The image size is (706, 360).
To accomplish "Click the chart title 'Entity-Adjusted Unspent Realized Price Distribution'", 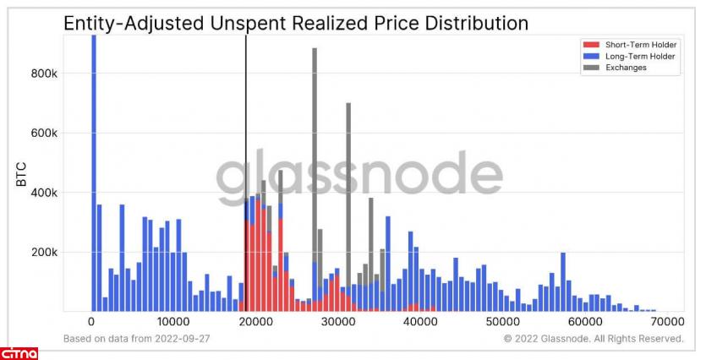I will pyautogui.click(x=296, y=25).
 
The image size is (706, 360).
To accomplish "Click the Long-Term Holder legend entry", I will pyautogui.click(x=629, y=56).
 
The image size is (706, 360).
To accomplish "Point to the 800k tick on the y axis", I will pyautogui.click(x=43, y=74).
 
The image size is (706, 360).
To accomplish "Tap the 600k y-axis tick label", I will pyautogui.click(x=43, y=134).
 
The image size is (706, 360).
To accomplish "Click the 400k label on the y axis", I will pyautogui.click(x=43, y=193).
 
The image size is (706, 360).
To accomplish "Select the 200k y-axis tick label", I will pyautogui.click(x=43, y=253).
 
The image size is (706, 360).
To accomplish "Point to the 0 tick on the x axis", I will pyautogui.click(x=91, y=322).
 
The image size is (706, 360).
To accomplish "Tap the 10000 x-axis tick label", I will pyautogui.click(x=173, y=322).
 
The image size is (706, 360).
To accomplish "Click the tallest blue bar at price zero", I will pyautogui.click(x=94, y=169).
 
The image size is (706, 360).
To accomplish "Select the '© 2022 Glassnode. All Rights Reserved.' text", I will pyautogui.click(x=593, y=339).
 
